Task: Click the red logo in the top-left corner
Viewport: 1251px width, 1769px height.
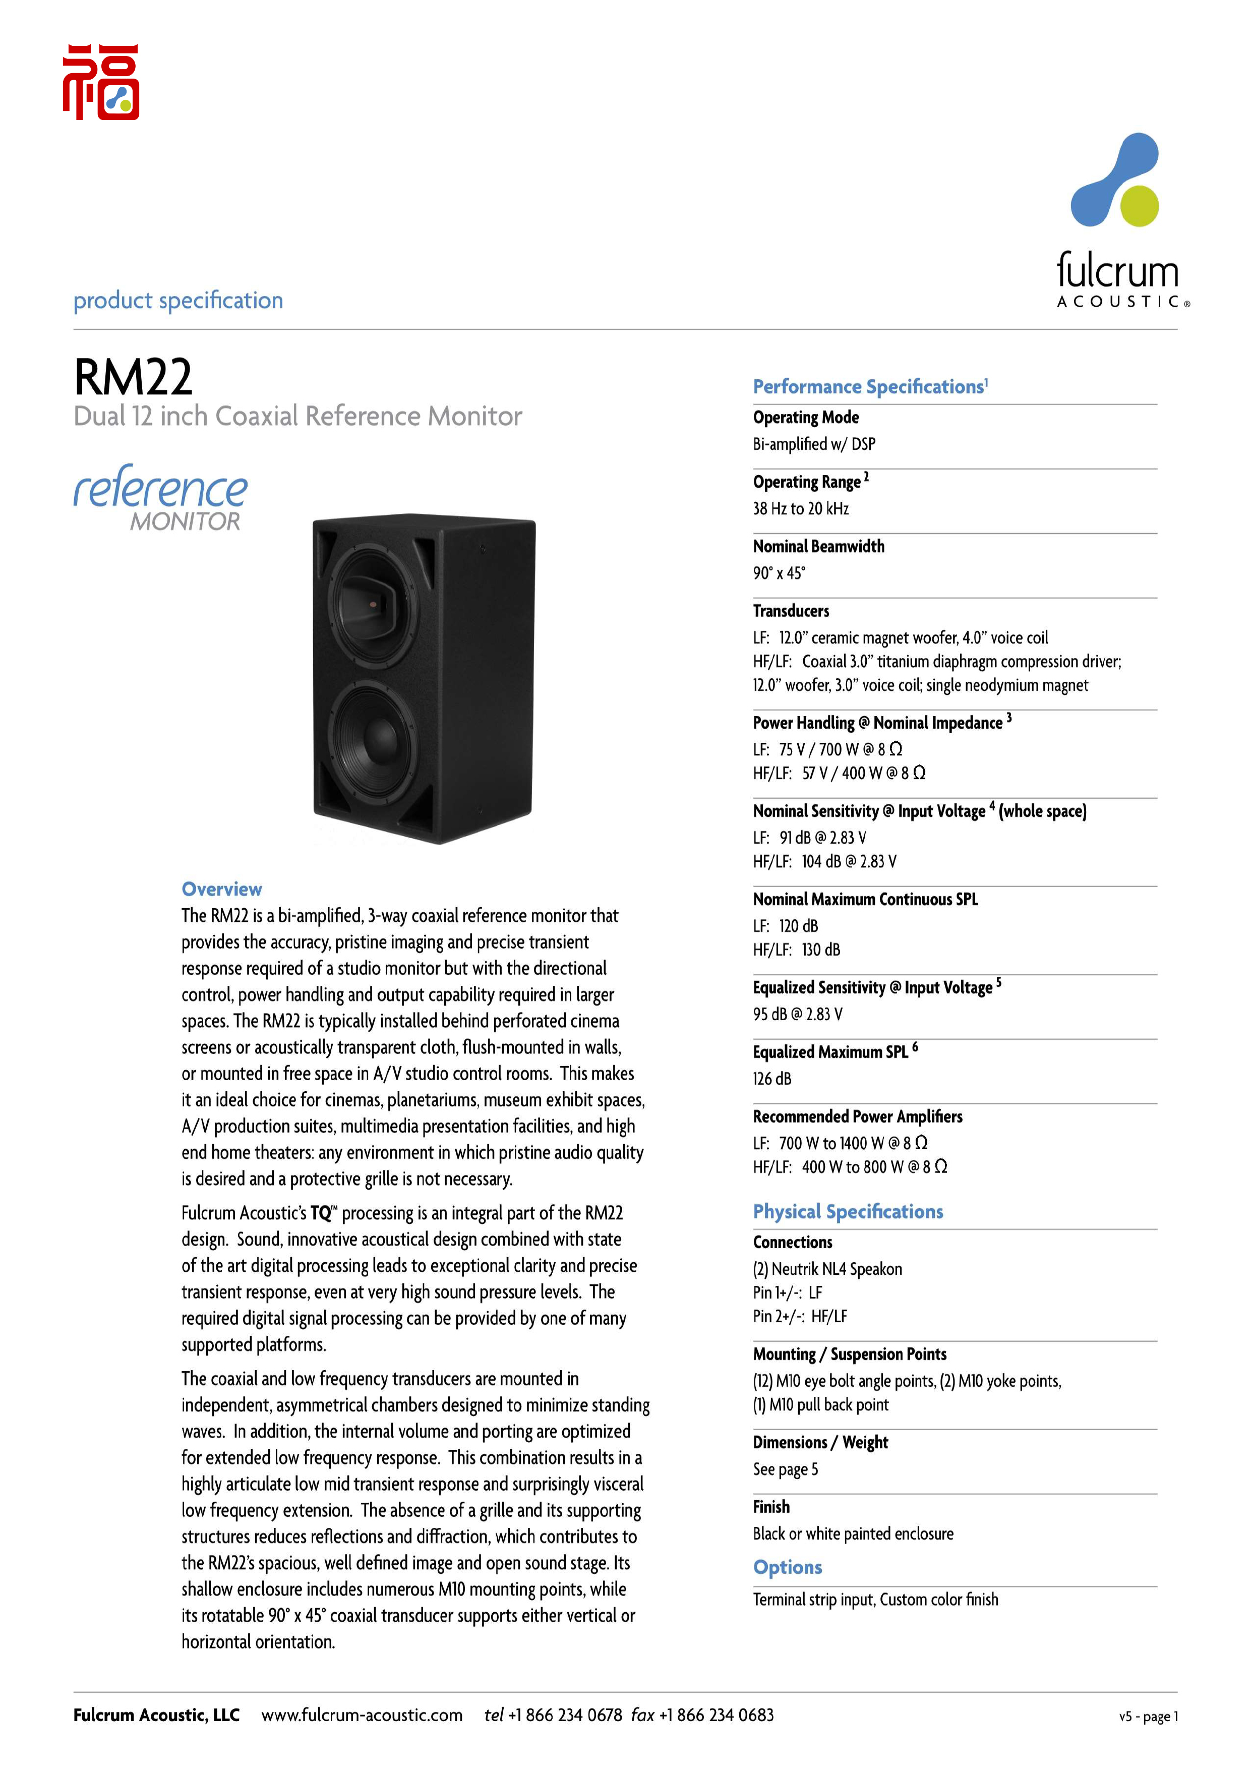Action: click(101, 82)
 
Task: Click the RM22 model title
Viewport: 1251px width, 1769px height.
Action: click(133, 378)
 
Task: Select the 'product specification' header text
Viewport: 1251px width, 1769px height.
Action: click(178, 301)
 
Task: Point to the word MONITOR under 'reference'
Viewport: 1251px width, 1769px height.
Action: click(185, 521)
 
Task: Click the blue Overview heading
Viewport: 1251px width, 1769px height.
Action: click(222, 889)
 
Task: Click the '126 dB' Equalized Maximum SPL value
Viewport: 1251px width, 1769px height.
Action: click(772, 1079)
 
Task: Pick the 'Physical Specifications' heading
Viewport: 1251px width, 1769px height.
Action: click(847, 1212)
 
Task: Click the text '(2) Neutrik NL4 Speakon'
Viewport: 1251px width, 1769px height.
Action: click(827, 1269)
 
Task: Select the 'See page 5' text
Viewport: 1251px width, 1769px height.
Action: click(785, 1469)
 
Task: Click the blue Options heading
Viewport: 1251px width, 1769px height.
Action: click(787, 1567)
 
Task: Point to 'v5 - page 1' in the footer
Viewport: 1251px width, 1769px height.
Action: click(1148, 1717)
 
